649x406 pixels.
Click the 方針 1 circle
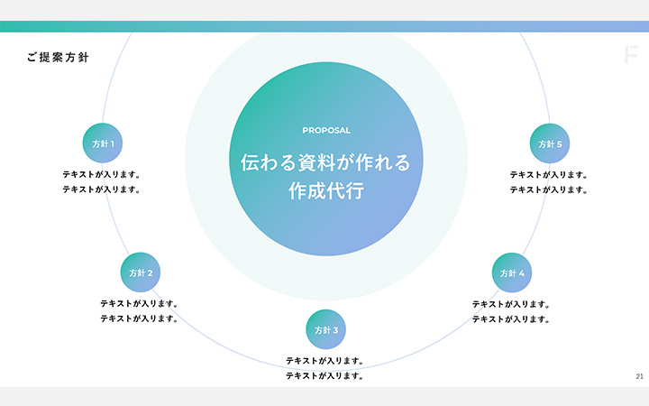pyautogui.click(x=103, y=143)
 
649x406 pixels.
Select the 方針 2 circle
pyautogui.click(x=141, y=272)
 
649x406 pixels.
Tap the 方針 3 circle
pyautogui.click(x=326, y=330)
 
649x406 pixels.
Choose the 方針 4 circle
pyautogui.click(x=512, y=272)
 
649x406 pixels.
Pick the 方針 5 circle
pyautogui.click(x=550, y=143)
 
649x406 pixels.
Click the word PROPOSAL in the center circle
pyautogui.click(x=326, y=130)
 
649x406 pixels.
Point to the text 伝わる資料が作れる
pyautogui.click(x=326, y=163)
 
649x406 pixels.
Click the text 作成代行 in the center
pyautogui.click(x=326, y=191)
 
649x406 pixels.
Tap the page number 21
pyautogui.click(x=639, y=376)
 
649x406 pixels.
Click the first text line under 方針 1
pyautogui.click(x=102, y=175)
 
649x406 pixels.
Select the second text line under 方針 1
pyautogui.click(x=102, y=190)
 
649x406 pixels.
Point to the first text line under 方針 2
pyautogui.click(x=139, y=304)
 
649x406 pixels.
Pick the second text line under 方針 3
pyautogui.click(x=324, y=376)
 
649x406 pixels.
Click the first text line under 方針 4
pyautogui.click(x=511, y=304)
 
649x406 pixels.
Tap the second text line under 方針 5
pyautogui.click(x=549, y=190)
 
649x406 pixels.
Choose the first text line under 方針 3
pyautogui.click(x=324, y=361)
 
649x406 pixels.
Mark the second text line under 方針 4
pyautogui.click(x=511, y=319)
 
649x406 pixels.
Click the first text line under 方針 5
pyautogui.click(x=549, y=175)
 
